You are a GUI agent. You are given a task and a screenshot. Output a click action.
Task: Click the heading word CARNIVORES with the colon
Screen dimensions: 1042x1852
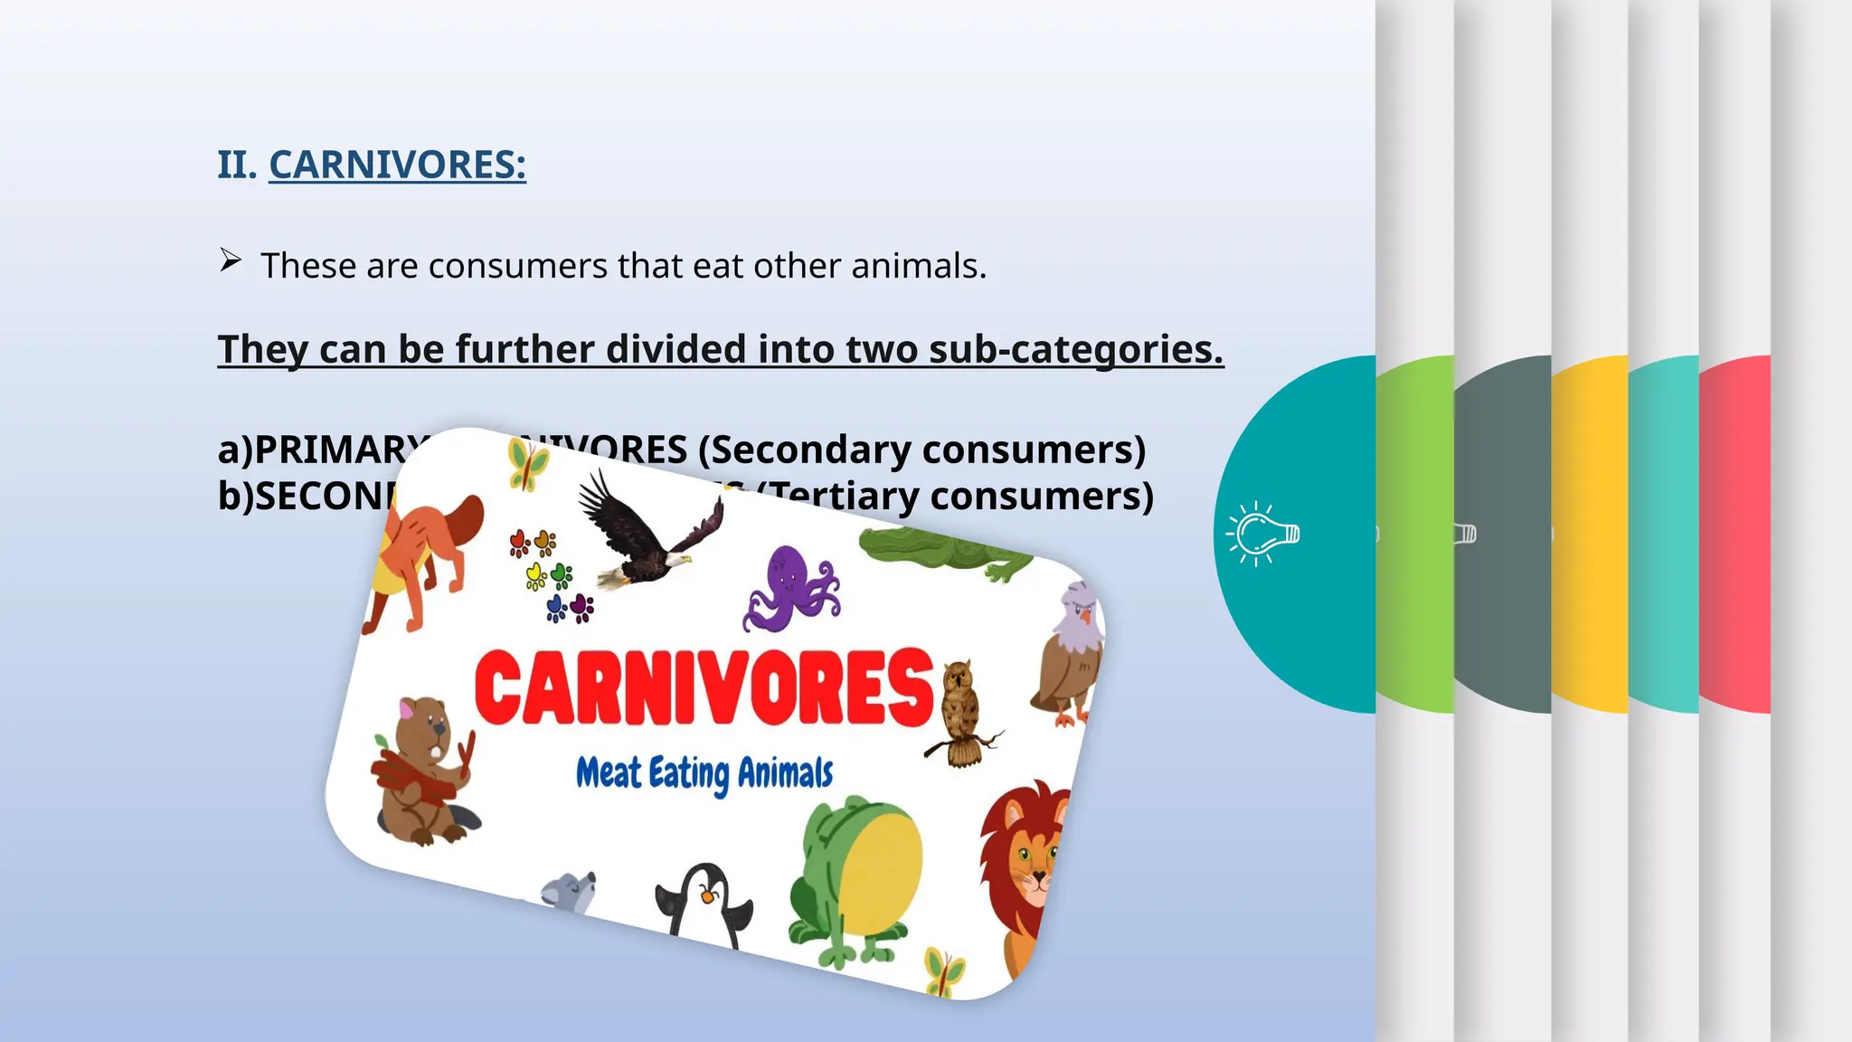pos(397,165)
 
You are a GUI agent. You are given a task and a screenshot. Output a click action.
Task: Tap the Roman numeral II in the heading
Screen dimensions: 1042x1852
pos(237,165)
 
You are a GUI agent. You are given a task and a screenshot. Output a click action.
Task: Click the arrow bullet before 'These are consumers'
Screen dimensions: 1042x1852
pos(231,261)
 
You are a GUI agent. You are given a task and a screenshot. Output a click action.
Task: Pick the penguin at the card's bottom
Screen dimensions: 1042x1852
pos(704,905)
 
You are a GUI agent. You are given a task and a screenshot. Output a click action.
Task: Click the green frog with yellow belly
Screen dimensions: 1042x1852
pos(855,877)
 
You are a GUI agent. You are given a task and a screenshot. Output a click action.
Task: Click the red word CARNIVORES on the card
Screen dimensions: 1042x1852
pos(704,687)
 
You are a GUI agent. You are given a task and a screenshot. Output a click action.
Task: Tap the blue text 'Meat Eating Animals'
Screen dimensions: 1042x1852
pos(704,773)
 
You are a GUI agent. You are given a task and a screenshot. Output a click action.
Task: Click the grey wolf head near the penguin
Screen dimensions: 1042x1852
pos(570,891)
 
